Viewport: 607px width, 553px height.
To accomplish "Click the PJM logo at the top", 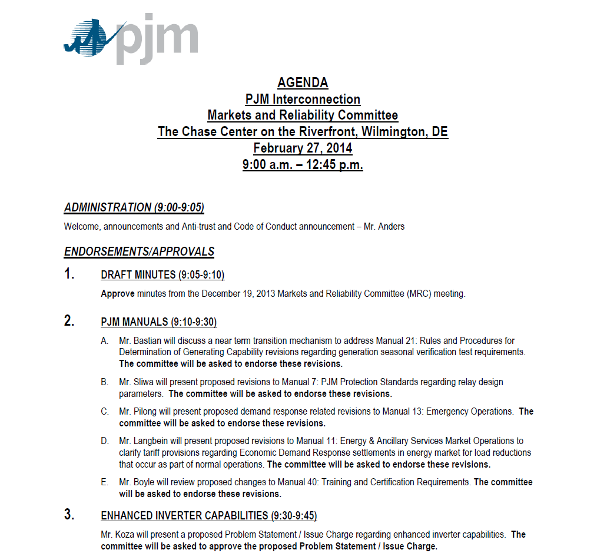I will pyautogui.click(x=131, y=39).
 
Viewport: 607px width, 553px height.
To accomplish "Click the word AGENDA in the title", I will pyautogui.click(x=303, y=82).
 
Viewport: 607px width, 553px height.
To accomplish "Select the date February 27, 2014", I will pyautogui.click(x=303, y=148).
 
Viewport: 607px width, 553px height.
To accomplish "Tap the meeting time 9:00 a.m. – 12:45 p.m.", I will pyautogui.click(x=303, y=164).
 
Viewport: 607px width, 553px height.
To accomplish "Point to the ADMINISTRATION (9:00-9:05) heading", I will pyautogui.click(x=134, y=207).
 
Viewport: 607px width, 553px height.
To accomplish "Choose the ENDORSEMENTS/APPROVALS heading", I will pyautogui.click(x=139, y=251).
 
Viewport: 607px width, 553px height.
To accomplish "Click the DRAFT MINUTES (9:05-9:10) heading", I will pyautogui.click(x=162, y=275).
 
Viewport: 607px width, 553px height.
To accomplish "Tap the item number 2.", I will pyautogui.click(x=69, y=321).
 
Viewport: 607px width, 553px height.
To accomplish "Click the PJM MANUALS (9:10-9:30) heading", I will pyautogui.click(x=159, y=322).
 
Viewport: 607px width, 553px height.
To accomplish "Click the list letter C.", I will pyautogui.click(x=105, y=412).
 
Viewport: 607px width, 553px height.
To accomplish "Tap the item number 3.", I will pyautogui.click(x=69, y=515).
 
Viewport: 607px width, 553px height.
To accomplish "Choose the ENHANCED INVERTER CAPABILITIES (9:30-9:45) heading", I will pyautogui.click(x=209, y=516).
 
